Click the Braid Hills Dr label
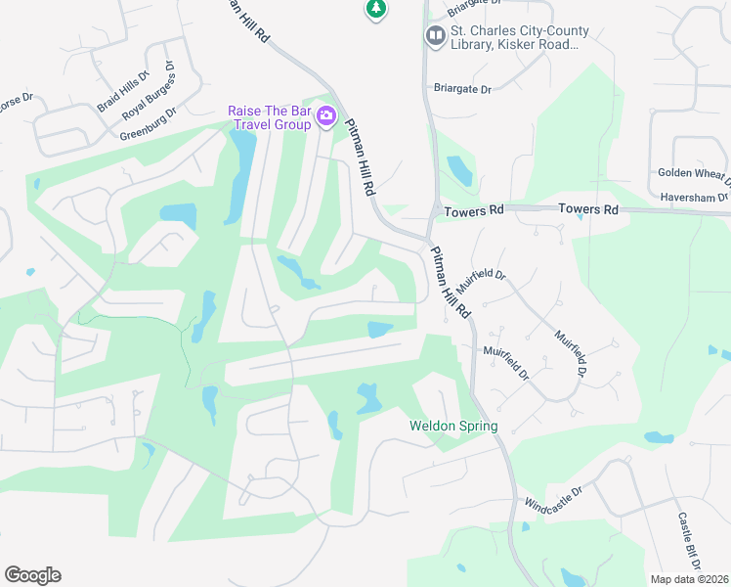tap(122, 91)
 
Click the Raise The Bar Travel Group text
tap(270, 117)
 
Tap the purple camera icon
tap(326, 117)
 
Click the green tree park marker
tap(375, 9)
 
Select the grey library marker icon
tap(435, 37)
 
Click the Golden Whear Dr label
tap(693, 173)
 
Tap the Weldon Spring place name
tap(453, 427)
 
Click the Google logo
tap(32, 575)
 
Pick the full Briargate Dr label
tap(462, 88)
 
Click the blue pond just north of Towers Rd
tap(458, 171)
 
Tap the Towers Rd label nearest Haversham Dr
tap(588, 209)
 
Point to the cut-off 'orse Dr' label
tap(16, 99)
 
